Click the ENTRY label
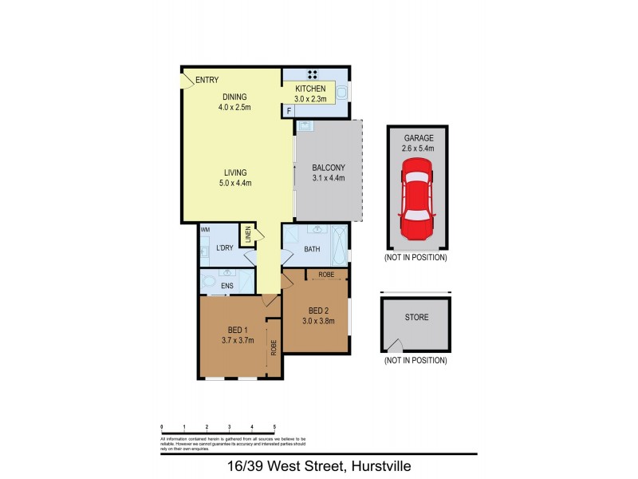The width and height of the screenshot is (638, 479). point(207,80)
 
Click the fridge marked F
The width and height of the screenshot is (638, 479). point(288,112)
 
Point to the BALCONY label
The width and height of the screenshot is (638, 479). point(328,168)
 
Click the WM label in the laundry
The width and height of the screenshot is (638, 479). point(205,230)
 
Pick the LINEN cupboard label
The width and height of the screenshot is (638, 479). point(248,234)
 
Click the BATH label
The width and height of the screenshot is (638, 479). point(313,250)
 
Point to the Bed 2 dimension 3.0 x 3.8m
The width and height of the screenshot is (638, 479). point(318,322)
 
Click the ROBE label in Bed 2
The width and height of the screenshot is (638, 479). point(326,275)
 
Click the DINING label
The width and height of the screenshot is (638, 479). point(235,97)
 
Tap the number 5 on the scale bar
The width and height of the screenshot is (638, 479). point(275,428)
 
